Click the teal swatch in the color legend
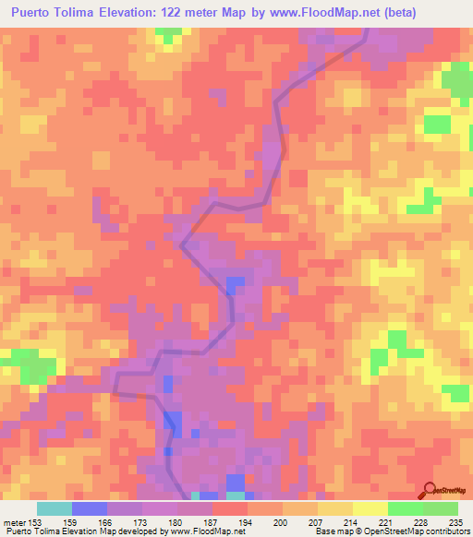coord(55,508)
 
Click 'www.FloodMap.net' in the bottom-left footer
coord(200,531)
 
